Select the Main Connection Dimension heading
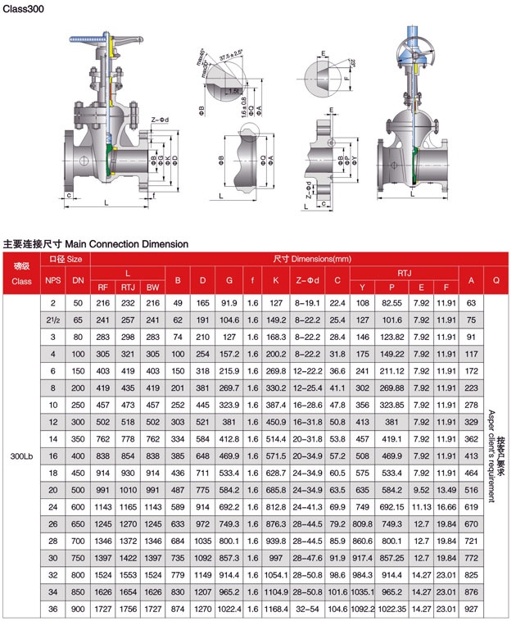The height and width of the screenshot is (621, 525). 96,243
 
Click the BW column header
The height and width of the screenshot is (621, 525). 152,288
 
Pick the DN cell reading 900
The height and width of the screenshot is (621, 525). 78,610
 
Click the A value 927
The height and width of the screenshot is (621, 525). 471,610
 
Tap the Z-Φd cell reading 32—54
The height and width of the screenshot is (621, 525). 307,610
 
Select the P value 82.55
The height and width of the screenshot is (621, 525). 391,302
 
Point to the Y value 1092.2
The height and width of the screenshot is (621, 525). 361,610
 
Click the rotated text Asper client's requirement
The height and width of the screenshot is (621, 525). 491,456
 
